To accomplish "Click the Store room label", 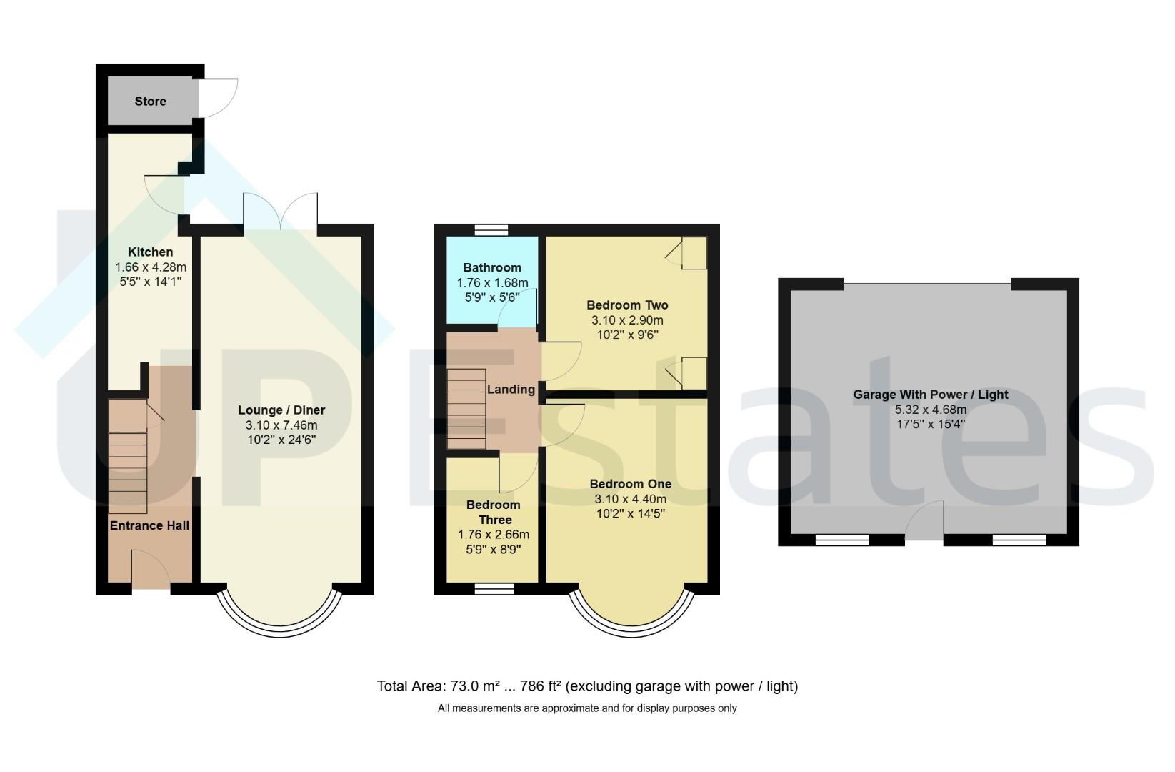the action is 150,102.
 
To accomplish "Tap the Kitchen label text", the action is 151,252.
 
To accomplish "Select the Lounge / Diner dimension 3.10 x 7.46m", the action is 281,425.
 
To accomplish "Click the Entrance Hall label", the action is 149,525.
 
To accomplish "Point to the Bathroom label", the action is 492,267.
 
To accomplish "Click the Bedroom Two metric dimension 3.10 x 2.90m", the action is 627,320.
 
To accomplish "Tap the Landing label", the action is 511,390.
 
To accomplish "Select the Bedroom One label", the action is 631,484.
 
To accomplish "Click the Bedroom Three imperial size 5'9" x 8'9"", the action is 493,550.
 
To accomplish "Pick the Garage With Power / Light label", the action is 931,395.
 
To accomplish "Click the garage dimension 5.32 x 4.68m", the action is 931,410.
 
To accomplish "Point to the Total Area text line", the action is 587,686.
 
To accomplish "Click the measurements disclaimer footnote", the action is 587,708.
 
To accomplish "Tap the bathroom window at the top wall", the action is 491,230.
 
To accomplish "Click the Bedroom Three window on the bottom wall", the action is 494,589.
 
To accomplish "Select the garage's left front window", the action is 842,540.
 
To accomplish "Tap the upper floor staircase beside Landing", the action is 466,409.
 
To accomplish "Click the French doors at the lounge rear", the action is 281,212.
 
